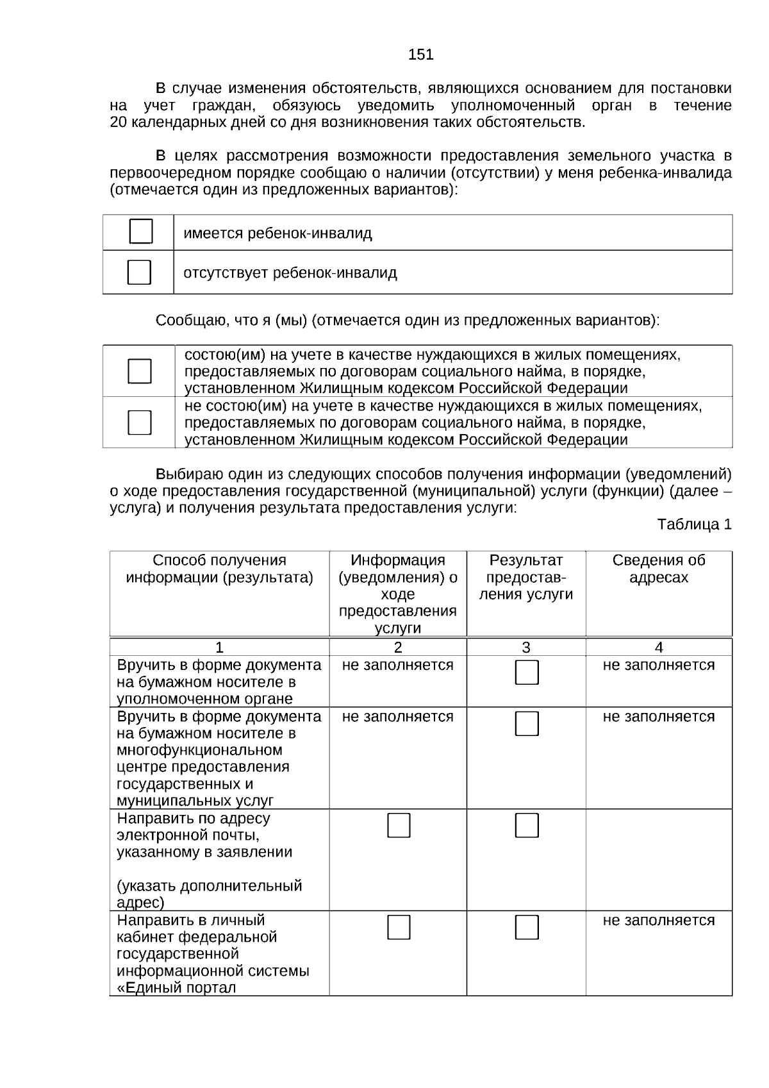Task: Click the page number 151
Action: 420,55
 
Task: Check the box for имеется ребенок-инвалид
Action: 140,231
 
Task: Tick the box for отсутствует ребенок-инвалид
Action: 139,272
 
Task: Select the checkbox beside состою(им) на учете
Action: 140,371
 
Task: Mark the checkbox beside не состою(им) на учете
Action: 140,422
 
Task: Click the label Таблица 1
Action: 694,524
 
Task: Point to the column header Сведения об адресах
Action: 658,569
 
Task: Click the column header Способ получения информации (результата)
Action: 219,569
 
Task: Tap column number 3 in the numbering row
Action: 525,647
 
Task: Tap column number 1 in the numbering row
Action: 219,647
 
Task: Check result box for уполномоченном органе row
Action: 527,672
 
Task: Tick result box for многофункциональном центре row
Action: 527,723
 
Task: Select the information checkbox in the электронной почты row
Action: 399,825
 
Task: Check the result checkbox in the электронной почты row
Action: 527,825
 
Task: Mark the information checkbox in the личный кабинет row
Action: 399,927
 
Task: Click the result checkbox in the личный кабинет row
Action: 527,927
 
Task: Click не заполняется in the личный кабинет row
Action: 658,920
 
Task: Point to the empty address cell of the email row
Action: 658,859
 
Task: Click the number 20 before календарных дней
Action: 119,122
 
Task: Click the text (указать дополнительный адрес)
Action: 209,894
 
